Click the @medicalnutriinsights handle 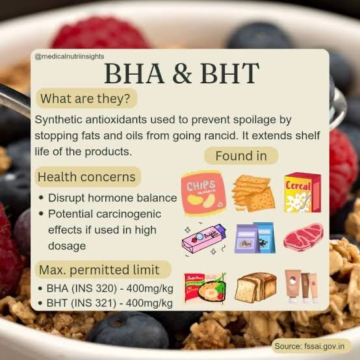coord(70,57)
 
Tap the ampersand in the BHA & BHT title coord(182,73)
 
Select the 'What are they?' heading coord(85,99)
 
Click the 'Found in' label coord(241,156)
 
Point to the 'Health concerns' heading coord(86,177)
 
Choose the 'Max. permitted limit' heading coord(99,270)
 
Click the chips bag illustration coord(203,193)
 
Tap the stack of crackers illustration coord(253,193)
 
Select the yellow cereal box coord(303,192)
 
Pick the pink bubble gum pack coord(204,238)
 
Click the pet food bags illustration coord(255,238)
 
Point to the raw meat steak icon coord(303,237)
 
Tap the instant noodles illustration coord(205,287)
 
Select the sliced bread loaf coord(255,287)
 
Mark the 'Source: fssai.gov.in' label coord(309,346)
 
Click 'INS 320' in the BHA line coord(94,289)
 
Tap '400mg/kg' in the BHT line coord(149,303)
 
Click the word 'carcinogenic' coord(129,214)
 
